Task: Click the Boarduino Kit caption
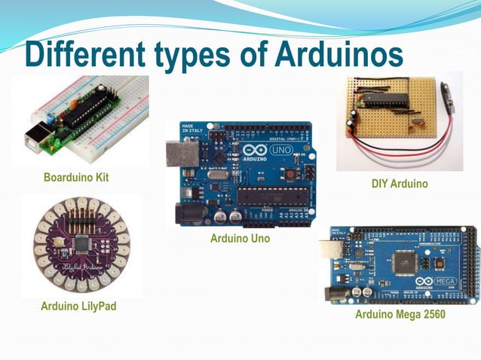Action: point(76,178)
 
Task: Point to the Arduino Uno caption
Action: point(240,239)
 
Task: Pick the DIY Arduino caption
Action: point(400,184)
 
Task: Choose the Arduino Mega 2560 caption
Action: point(400,314)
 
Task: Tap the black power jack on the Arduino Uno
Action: point(185,212)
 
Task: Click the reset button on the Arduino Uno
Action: point(289,175)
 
